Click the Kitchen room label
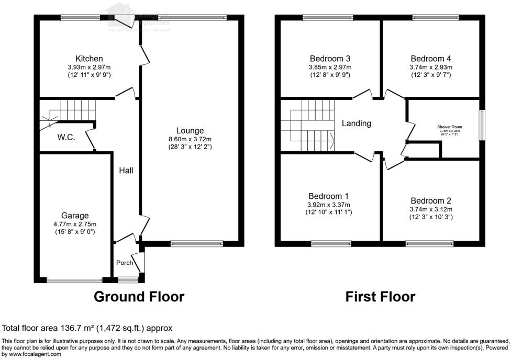click(x=89, y=59)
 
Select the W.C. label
click(x=66, y=138)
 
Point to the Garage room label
click(x=75, y=215)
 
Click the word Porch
click(x=125, y=263)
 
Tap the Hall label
click(x=126, y=171)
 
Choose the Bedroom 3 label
click(x=330, y=59)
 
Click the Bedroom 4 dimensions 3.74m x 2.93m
click(x=431, y=67)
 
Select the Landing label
click(x=357, y=123)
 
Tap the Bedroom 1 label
click(x=329, y=196)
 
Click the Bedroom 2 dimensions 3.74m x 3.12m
click(x=431, y=209)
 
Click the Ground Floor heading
click(x=139, y=297)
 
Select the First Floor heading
click(x=380, y=297)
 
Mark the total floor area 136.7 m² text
click(x=87, y=328)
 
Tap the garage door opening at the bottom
click(x=75, y=280)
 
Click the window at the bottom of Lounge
click(x=197, y=243)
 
